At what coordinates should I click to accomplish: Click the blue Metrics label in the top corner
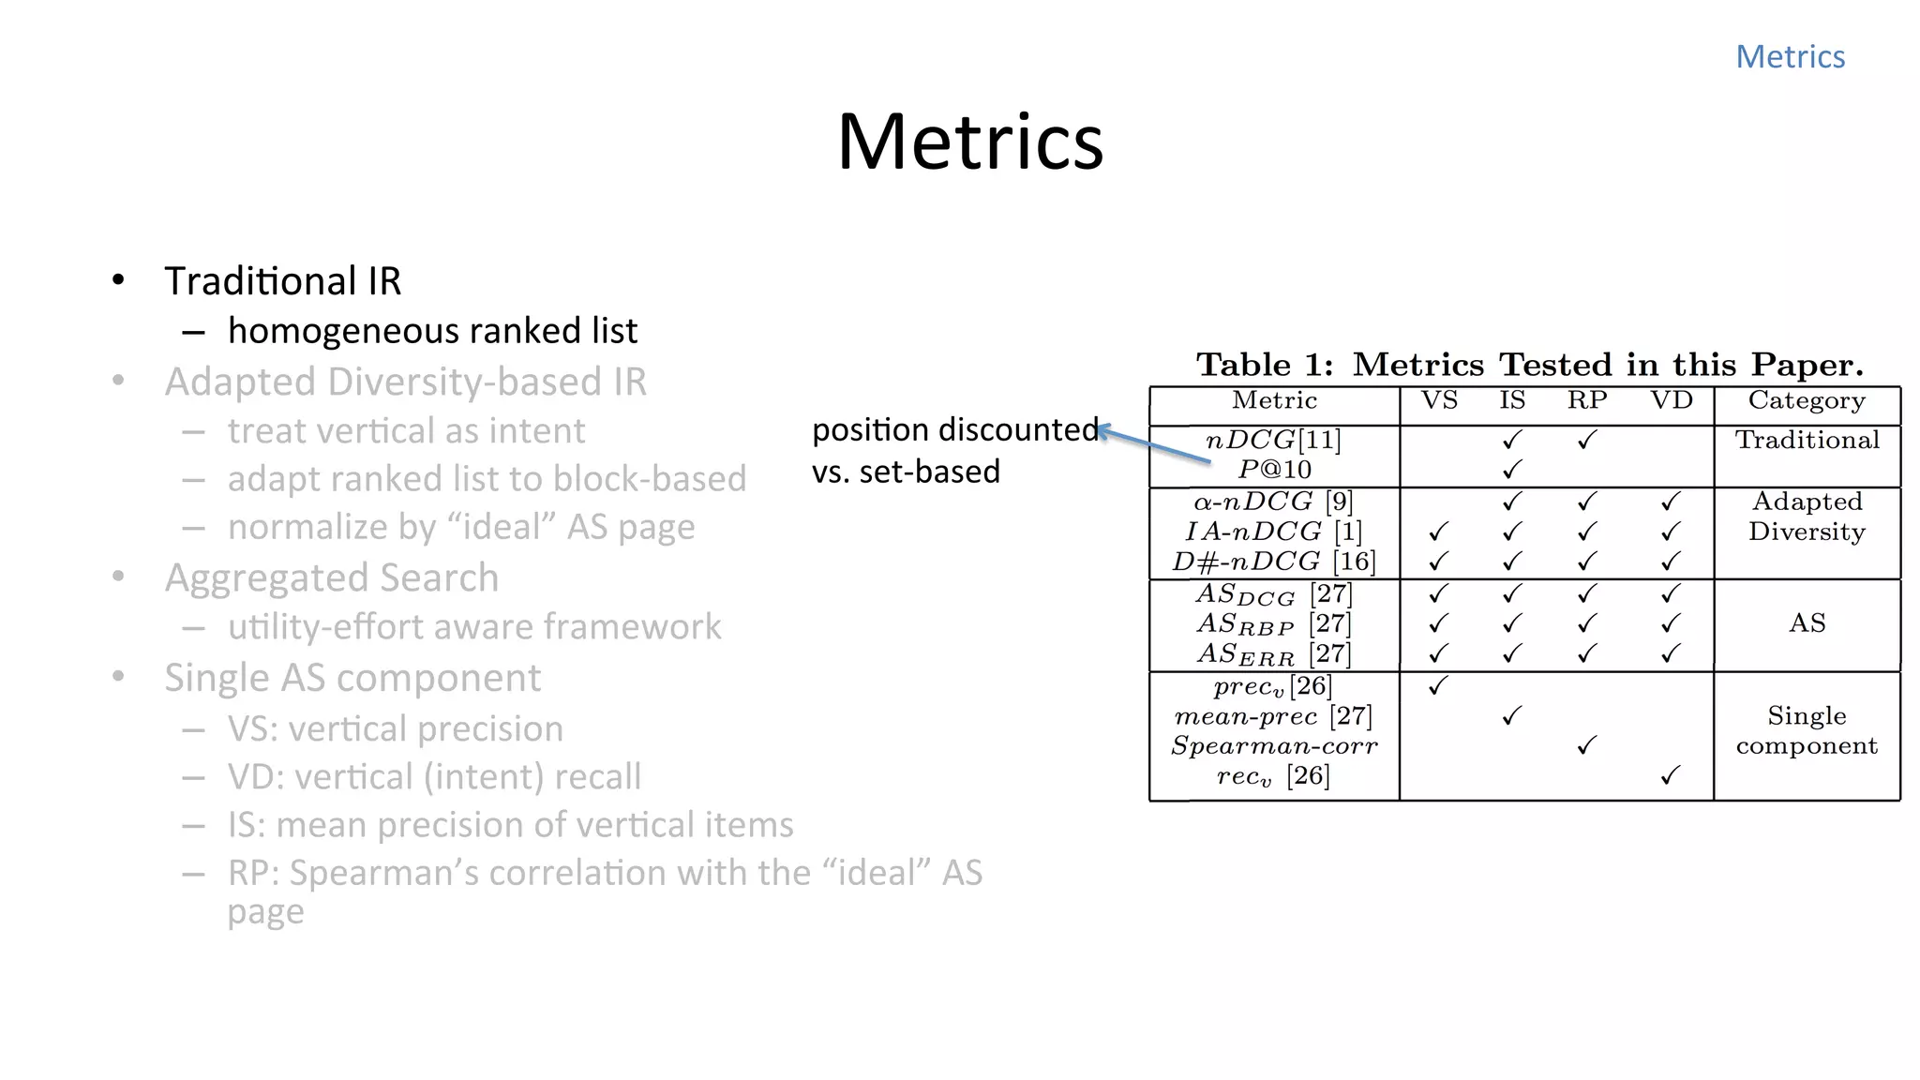click(x=1790, y=57)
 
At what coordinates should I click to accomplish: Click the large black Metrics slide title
click(x=970, y=142)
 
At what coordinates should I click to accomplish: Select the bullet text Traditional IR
click(x=282, y=281)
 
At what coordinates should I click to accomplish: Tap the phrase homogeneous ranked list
click(x=432, y=331)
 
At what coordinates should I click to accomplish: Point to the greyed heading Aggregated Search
click(x=331, y=577)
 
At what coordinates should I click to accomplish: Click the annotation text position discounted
click(x=954, y=429)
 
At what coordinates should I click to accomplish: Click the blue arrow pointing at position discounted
click(x=1153, y=444)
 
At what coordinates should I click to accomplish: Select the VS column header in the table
click(x=1439, y=401)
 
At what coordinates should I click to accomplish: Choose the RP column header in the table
click(x=1587, y=401)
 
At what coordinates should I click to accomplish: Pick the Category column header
click(x=1807, y=401)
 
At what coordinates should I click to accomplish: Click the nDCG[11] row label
click(x=1273, y=440)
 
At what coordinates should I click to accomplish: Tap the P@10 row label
click(x=1274, y=469)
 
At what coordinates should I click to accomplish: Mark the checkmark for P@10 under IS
click(x=1512, y=469)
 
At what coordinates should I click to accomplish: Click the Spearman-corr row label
click(x=1274, y=746)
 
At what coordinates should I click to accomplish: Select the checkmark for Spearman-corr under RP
click(x=1586, y=746)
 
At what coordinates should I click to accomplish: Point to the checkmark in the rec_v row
click(x=1670, y=776)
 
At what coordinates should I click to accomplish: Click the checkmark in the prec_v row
click(x=1438, y=686)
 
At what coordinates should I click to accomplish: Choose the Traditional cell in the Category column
click(x=1807, y=440)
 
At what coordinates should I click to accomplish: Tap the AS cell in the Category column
click(x=1807, y=623)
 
